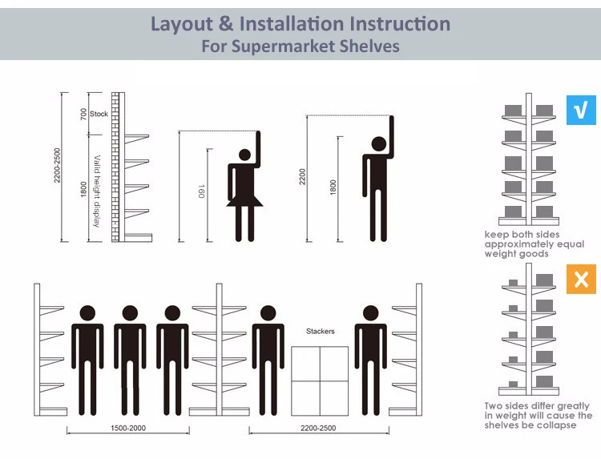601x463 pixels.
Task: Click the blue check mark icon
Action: coord(581,110)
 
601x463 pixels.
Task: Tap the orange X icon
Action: coord(581,279)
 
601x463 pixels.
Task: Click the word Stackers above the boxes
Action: coord(320,331)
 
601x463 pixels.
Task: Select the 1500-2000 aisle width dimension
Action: coord(128,428)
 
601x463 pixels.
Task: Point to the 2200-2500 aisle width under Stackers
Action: coord(318,428)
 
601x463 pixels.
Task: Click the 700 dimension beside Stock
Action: coord(83,114)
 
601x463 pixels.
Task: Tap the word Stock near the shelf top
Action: coord(99,114)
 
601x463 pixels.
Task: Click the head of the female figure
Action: coord(244,155)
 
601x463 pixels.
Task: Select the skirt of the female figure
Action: coord(244,200)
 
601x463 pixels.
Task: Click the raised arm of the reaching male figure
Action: coord(391,136)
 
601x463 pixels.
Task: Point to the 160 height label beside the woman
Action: coord(201,191)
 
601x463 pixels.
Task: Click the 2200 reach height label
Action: coord(302,177)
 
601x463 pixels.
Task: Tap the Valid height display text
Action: coord(97,191)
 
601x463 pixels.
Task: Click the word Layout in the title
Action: coord(182,24)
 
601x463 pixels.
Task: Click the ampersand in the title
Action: coord(226,23)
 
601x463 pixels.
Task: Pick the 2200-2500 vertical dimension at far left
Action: coord(57,165)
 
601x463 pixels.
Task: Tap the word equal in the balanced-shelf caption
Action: coord(571,244)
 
